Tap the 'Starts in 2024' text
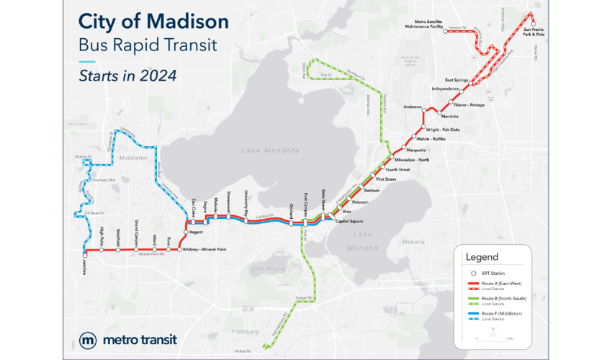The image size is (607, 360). coord(128,73)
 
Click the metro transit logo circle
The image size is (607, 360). coord(89,339)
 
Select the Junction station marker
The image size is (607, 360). coord(85,255)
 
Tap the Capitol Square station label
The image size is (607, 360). coord(356,221)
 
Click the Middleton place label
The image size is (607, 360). coord(132,156)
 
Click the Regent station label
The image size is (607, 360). coord(197,233)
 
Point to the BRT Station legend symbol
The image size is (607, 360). coord(473,274)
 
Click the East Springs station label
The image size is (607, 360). coord(458,80)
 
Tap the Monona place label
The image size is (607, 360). coord(413,242)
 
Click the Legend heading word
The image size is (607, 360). coord(482,257)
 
